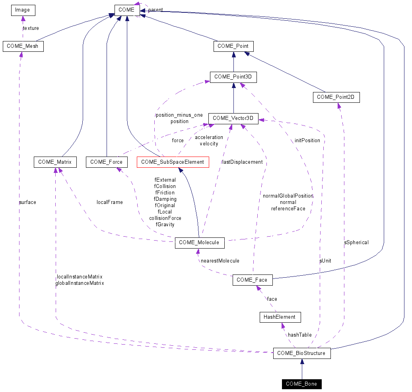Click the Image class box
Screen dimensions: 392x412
[x=23, y=10]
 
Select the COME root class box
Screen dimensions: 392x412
[x=127, y=10]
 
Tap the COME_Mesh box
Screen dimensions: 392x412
[x=23, y=46]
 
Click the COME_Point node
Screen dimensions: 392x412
[x=233, y=46]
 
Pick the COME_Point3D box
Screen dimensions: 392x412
[x=233, y=77]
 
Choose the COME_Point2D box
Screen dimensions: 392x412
[x=336, y=97]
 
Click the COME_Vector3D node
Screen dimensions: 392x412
[x=233, y=118]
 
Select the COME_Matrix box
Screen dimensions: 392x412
[x=55, y=162]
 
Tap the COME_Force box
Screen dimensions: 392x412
[x=107, y=162]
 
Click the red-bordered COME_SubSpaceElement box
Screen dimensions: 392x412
[x=173, y=162]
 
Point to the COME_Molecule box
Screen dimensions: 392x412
[x=199, y=243]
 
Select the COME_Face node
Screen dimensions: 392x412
[x=253, y=280]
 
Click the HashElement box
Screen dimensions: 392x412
[x=280, y=317]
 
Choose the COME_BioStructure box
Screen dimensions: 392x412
[x=301, y=353]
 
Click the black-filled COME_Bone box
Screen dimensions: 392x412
[x=301, y=384]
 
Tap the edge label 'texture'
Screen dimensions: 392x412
[x=31, y=28]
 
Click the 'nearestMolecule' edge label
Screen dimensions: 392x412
[x=220, y=261]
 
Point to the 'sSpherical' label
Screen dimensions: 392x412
[x=356, y=242]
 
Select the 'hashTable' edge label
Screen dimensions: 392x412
[x=300, y=335]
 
